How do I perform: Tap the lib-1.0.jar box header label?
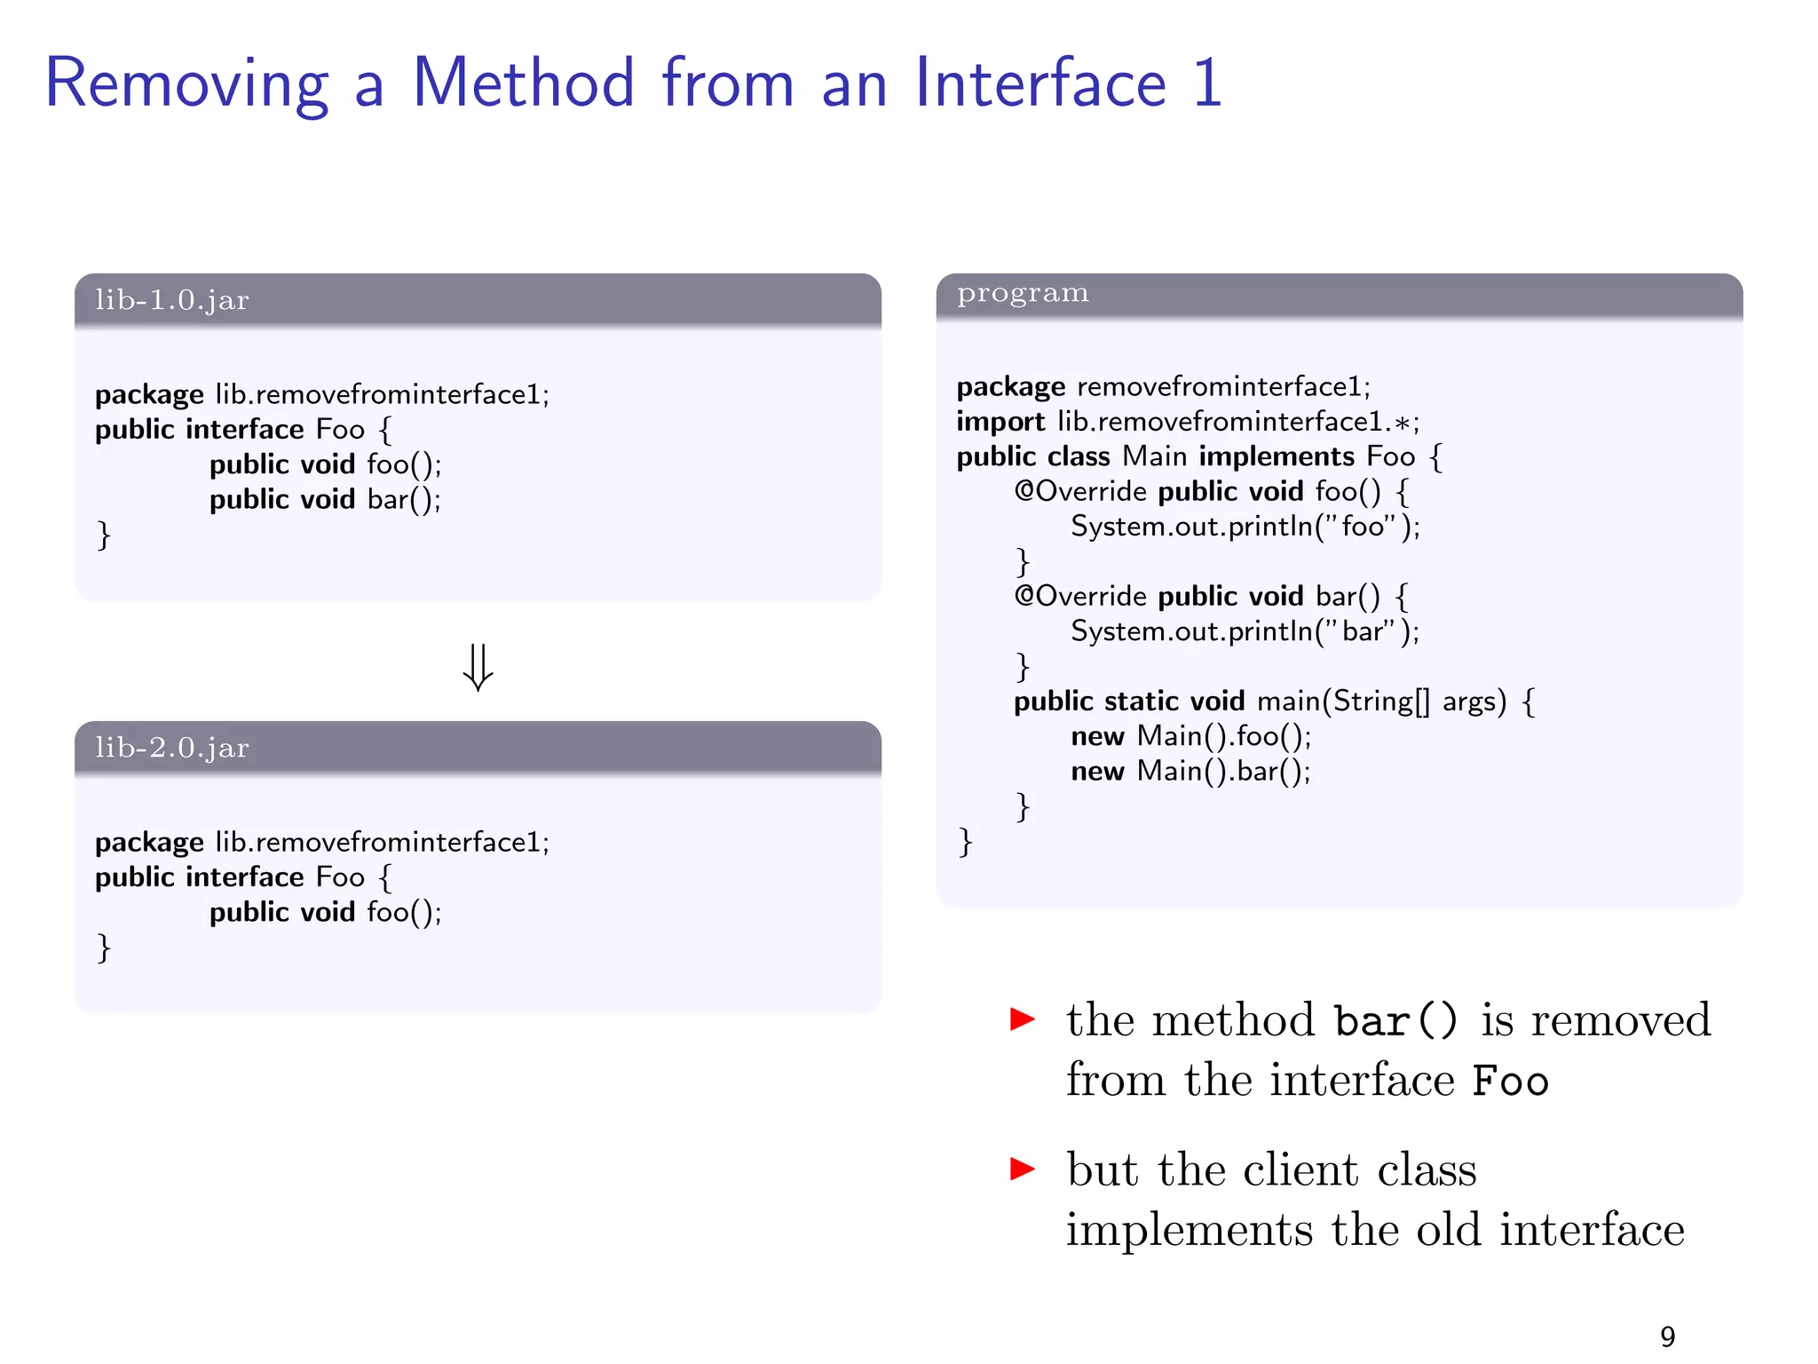tap(172, 300)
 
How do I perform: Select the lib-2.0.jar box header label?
tap(172, 748)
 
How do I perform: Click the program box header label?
tap(1023, 293)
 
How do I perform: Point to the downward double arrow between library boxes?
tap(478, 667)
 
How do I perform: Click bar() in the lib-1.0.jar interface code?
tap(403, 500)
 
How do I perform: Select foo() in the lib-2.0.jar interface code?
tap(403, 912)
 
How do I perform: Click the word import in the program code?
tap(1000, 422)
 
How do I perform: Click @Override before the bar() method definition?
tap(1080, 596)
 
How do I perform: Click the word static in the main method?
tap(1141, 702)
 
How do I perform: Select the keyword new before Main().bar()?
tap(1097, 771)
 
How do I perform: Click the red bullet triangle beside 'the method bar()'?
tap(1023, 1019)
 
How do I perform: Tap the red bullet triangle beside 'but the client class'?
tap(1023, 1169)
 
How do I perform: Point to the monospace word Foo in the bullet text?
tap(1510, 1082)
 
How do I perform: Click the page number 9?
tap(1667, 1336)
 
